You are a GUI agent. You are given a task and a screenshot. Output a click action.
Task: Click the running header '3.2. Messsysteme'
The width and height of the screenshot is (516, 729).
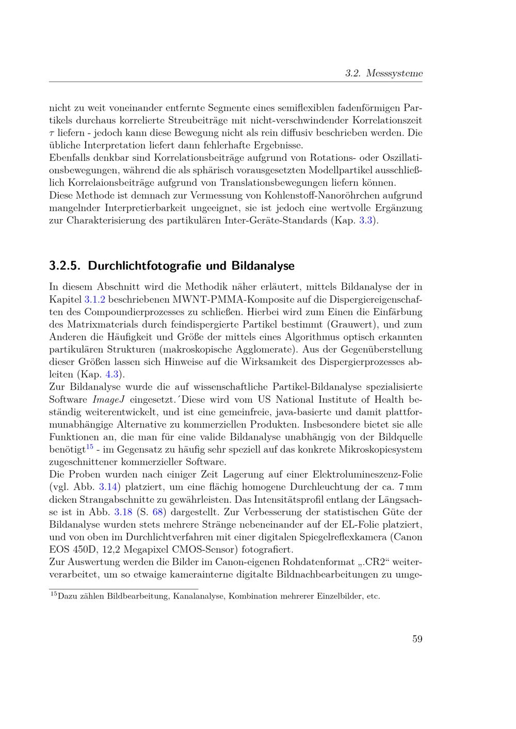383,73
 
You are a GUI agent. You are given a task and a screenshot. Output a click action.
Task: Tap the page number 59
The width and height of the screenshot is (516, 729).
417,639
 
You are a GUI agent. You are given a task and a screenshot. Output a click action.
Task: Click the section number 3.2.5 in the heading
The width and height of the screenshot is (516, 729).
65,266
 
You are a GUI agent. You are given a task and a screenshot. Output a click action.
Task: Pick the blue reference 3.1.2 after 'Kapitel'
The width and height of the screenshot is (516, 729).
94,299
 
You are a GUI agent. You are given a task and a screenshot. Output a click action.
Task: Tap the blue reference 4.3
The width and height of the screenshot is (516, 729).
112,374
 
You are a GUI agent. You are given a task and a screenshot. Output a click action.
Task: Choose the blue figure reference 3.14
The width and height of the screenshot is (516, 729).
107,487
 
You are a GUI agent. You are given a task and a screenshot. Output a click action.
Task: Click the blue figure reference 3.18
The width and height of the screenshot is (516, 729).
123,512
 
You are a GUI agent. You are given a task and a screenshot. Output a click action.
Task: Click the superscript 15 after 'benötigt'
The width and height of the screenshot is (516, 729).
89,446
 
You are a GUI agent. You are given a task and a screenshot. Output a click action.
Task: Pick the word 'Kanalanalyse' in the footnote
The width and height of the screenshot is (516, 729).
199,597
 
